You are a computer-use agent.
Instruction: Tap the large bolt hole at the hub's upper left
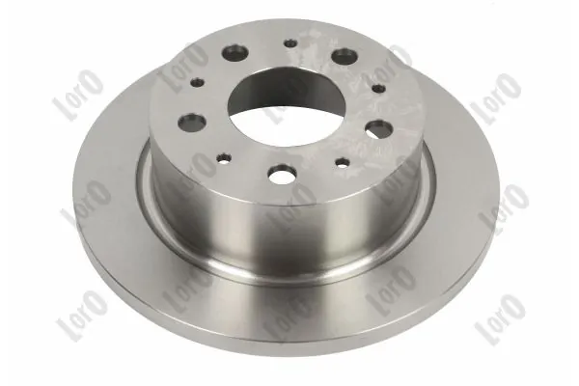point(234,52)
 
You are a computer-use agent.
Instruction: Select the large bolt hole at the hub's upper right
point(345,56)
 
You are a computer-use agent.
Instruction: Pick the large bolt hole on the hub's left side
point(192,123)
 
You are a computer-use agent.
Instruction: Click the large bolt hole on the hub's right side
point(380,128)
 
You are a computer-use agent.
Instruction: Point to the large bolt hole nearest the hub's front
point(283,174)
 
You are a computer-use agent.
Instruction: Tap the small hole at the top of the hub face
point(290,43)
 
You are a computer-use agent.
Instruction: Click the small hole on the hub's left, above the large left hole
point(198,81)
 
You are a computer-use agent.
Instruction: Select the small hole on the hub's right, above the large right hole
point(379,88)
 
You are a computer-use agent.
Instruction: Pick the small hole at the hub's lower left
point(224,158)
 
